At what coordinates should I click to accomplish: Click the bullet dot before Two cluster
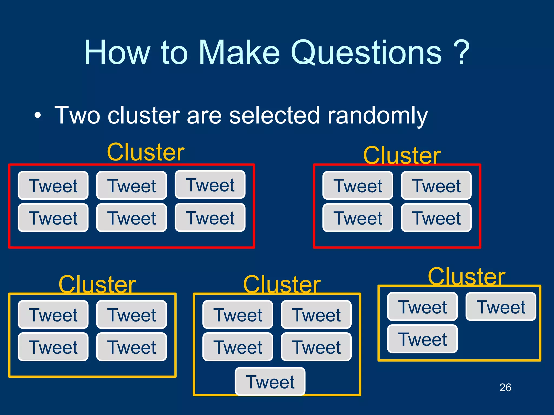(x=38, y=116)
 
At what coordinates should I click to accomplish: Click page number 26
(x=505, y=387)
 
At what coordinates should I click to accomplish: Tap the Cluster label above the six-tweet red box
(x=146, y=152)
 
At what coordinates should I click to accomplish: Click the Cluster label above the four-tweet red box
(x=402, y=155)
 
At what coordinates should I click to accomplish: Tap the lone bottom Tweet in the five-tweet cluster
(x=270, y=381)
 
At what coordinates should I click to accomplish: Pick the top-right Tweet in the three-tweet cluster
(x=501, y=307)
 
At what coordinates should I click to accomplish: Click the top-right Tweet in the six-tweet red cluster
(x=210, y=185)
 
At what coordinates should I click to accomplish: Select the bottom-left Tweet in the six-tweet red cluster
(x=53, y=218)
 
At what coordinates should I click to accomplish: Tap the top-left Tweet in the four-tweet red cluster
(x=358, y=186)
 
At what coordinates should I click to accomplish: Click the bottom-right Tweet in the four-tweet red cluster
(x=436, y=218)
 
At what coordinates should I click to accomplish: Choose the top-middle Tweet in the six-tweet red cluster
(x=131, y=186)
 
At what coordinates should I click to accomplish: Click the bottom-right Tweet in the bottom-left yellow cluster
(x=131, y=347)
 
